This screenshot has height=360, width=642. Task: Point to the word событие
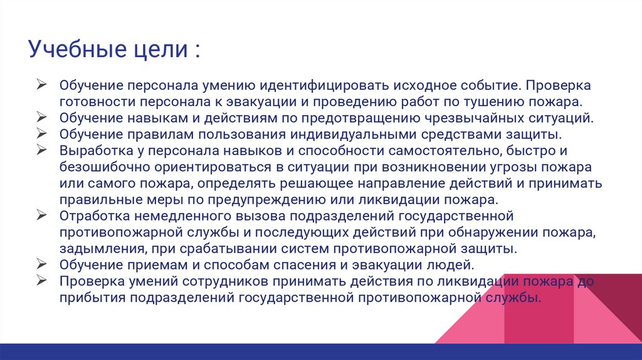490,85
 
